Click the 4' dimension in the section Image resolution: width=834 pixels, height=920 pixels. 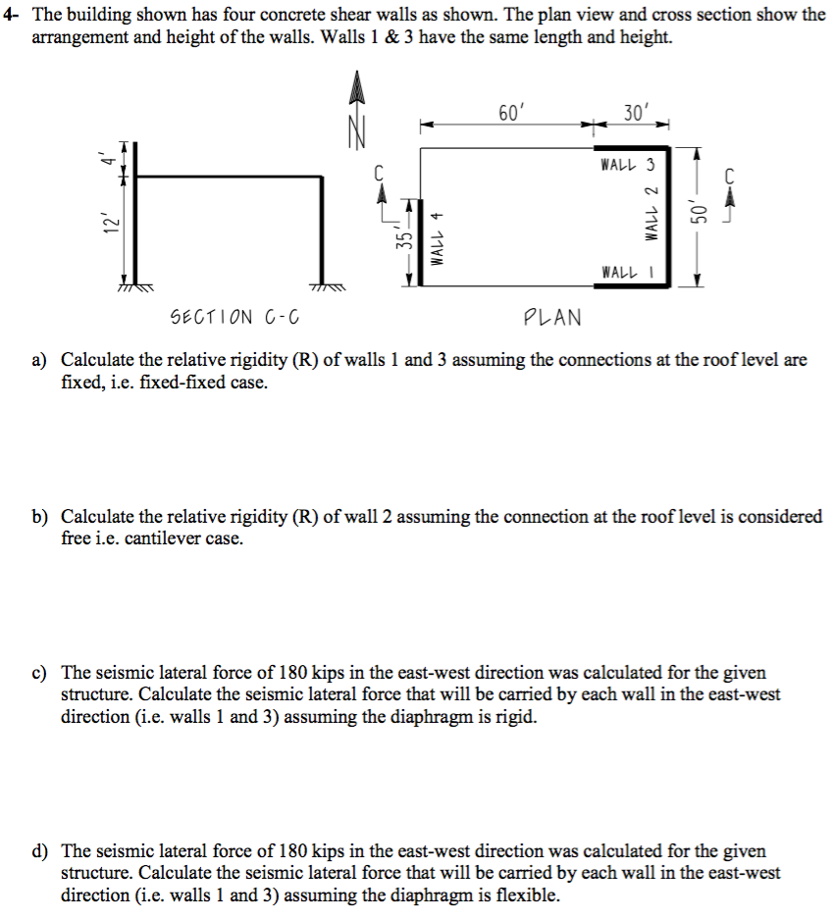[113, 157]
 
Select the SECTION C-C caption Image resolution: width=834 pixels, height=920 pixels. [235, 317]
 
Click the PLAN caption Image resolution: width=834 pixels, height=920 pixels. [552, 317]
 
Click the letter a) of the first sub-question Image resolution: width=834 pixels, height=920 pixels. [42, 360]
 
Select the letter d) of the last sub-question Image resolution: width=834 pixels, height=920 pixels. [42, 851]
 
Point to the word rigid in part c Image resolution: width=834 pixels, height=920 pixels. [517, 717]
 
